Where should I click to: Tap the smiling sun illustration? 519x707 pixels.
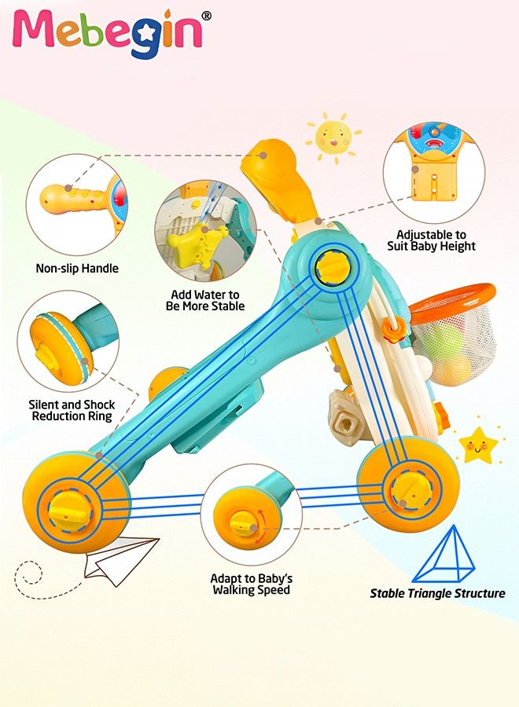coord(333,137)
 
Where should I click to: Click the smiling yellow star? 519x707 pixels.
coord(478,446)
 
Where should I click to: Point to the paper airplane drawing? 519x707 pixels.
coord(121,559)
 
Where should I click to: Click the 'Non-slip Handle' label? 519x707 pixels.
coord(77,269)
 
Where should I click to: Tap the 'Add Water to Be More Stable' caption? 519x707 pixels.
coord(205,300)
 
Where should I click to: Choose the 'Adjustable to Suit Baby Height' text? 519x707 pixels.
coord(431,240)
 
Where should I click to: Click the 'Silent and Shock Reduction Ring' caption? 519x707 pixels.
coord(72,410)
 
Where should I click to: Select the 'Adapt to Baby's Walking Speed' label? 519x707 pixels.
coord(252,584)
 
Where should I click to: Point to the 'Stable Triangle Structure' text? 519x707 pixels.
coord(437,593)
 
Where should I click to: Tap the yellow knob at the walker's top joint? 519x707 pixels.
coord(333,267)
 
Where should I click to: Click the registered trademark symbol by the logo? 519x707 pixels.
coord(206,16)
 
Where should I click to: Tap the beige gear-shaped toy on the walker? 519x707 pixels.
coord(347,416)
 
